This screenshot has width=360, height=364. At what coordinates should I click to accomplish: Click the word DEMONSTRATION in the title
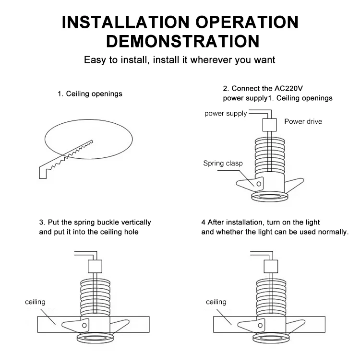tap(183, 41)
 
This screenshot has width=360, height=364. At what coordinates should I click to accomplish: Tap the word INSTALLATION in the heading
tap(126, 22)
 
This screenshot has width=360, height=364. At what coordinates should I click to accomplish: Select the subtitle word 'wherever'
tap(211, 60)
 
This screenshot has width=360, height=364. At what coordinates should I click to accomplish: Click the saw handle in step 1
tap(43, 172)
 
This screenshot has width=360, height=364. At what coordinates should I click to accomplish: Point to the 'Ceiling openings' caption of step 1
tap(94, 94)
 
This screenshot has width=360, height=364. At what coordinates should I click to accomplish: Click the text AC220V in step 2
tap(288, 88)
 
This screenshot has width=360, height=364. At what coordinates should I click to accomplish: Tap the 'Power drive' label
tap(303, 121)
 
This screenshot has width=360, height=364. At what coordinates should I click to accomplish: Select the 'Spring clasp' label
tap(223, 163)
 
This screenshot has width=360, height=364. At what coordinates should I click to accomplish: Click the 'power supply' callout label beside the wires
tap(226, 114)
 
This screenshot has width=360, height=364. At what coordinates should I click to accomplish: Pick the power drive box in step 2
tap(270, 125)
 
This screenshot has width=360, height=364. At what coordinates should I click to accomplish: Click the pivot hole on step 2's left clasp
tap(259, 184)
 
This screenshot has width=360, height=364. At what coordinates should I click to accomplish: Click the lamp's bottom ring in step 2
tap(270, 197)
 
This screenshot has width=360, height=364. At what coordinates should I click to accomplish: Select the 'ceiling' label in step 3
tap(35, 302)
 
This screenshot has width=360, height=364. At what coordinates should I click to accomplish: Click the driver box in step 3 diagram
tap(95, 267)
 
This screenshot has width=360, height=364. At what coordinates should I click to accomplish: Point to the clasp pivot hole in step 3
tap(84, 326)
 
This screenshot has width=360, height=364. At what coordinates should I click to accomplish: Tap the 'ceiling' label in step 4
tap(216, 302)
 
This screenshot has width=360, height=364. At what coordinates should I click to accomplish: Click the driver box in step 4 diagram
tap(271, 267)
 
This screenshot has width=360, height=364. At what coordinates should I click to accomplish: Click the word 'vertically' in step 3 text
tap(136, 223)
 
